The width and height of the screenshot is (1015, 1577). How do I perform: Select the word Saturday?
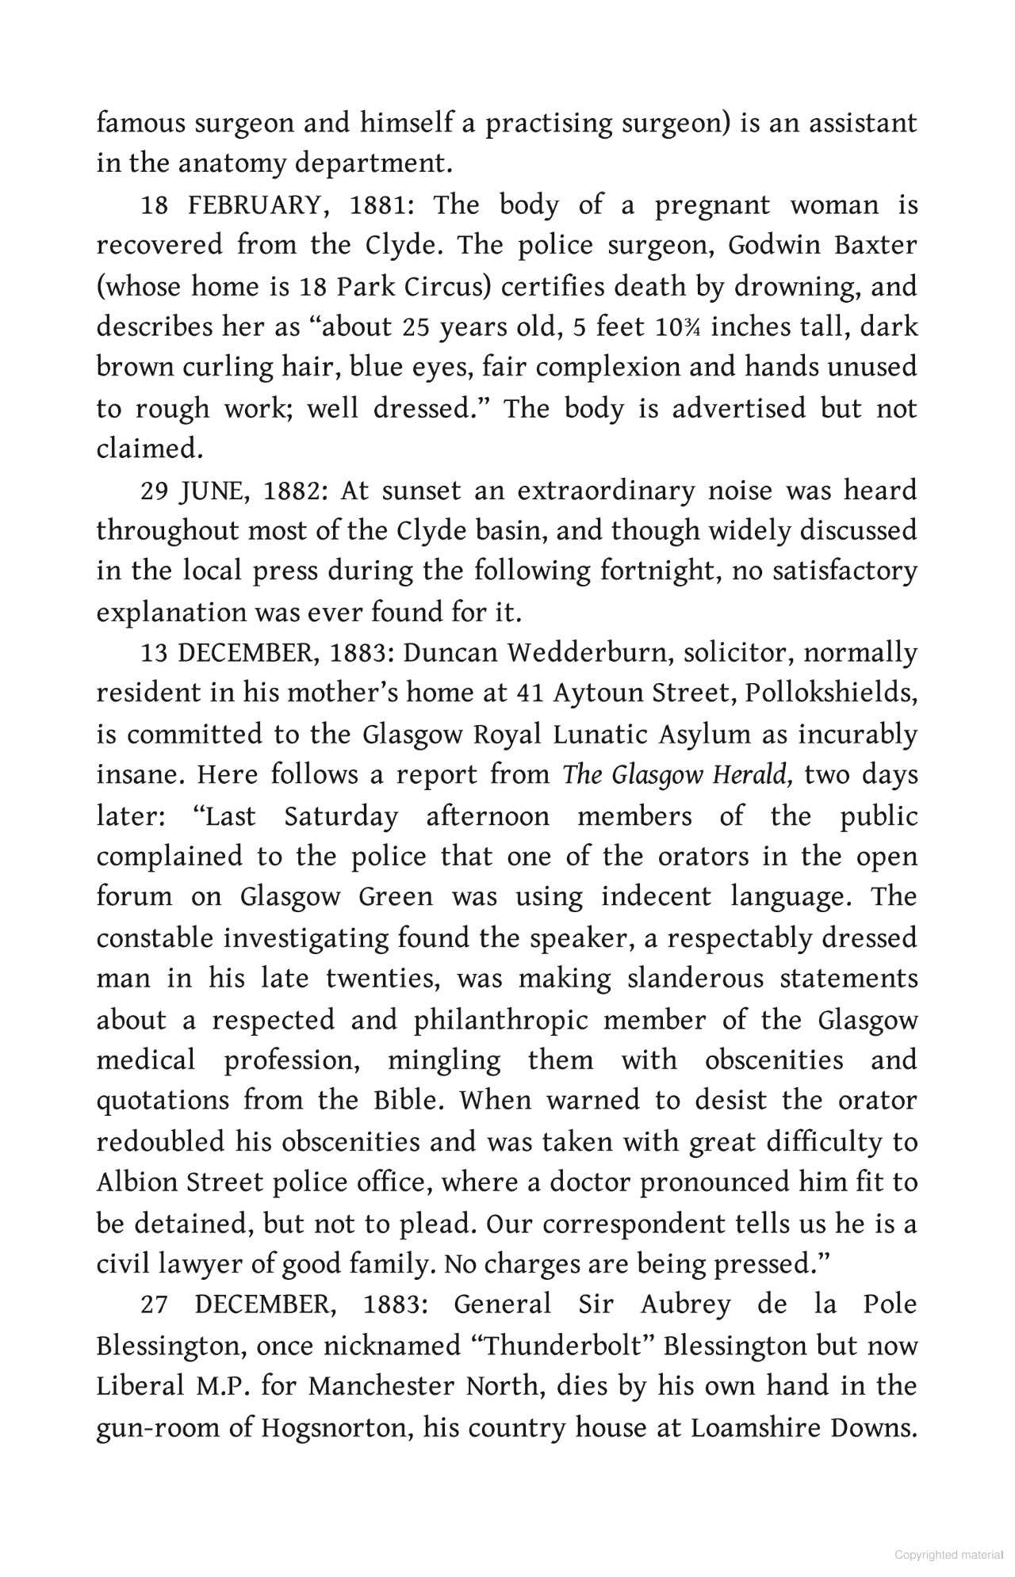341,816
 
